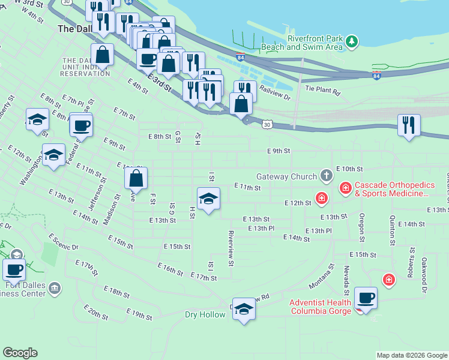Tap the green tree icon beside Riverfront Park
click(352, 41)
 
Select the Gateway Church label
click(286, 176)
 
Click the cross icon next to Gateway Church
click(326, 176)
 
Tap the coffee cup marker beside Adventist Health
click(366, 298)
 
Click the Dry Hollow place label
click(205, 314)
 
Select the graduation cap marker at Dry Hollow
click(244, 308)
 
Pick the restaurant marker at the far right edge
click(409, 125)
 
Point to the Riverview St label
click(231, 246)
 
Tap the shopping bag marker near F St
click(136, 178)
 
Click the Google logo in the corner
click(20, 353)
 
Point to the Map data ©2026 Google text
click(411, 355)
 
